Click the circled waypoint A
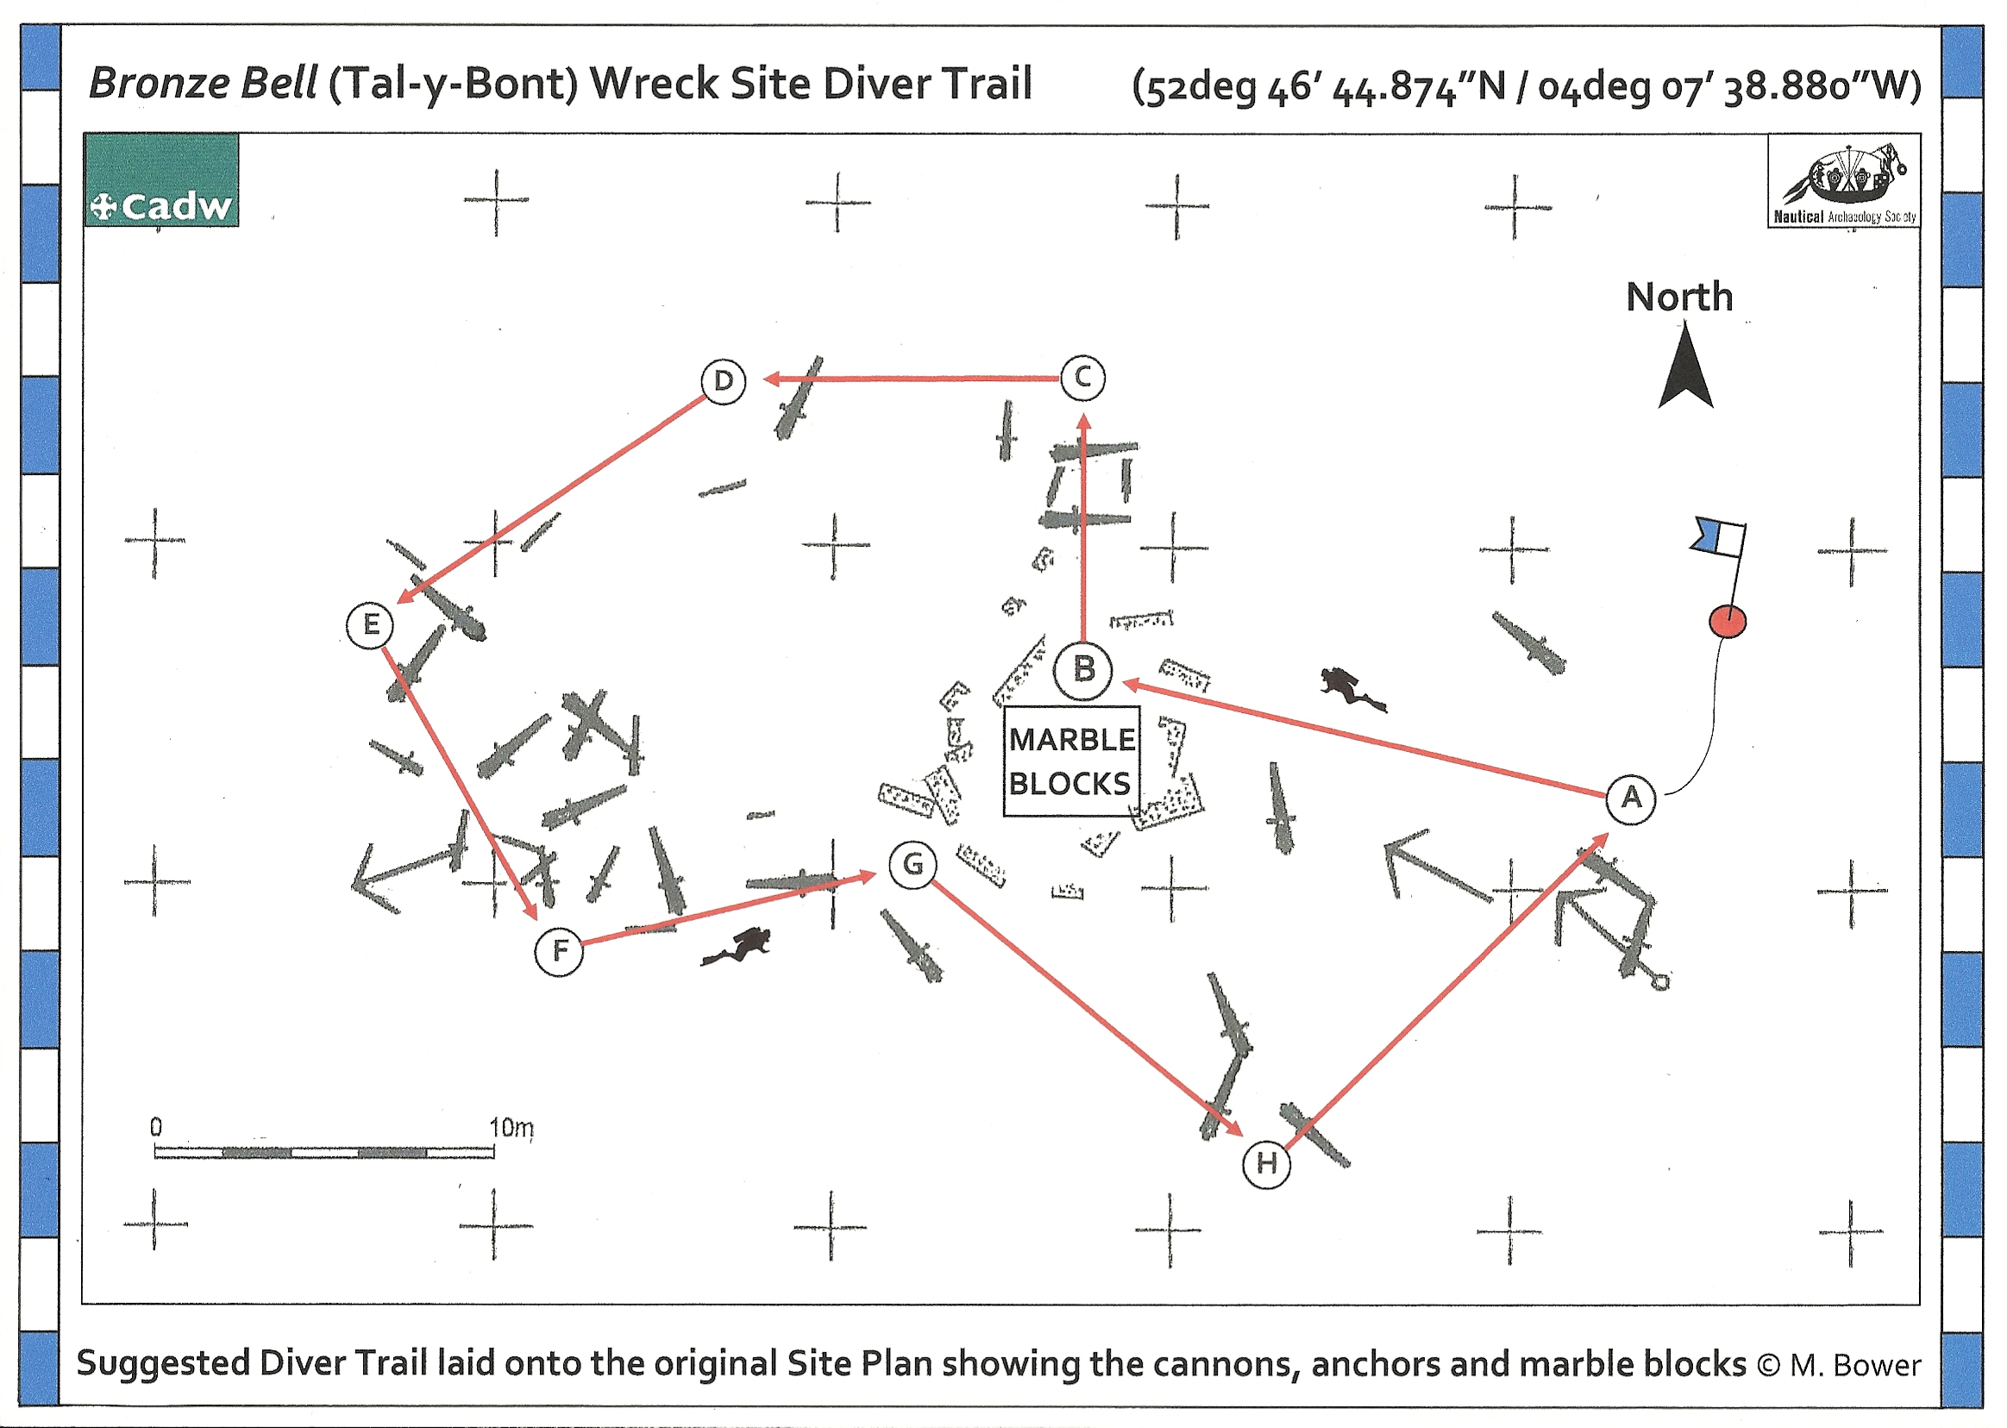coord(1631,799)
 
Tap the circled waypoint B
coord(1082,671)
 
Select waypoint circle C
coord(1082,378)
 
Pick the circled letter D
coord(723,382)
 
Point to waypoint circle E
coord(370,625)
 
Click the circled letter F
coord(559,951)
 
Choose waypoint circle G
coord(913,865)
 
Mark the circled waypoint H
coord(1265,1164)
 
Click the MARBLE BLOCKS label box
coord(1071,761)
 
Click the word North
coord(1679,297)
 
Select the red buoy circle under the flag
coord(1727,622)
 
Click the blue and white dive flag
coord(1718,537)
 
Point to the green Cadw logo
coord(162,180)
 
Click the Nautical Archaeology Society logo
coord(1843,182)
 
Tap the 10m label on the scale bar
coord(511,1128)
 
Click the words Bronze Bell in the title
coord(204,85)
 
